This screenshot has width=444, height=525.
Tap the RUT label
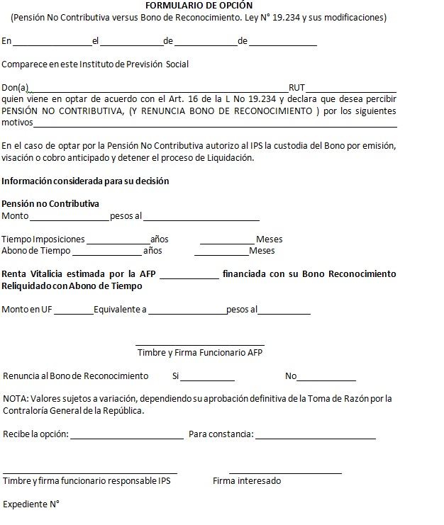(x=296, y=88)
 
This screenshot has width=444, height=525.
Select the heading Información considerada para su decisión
(x=85, y=181)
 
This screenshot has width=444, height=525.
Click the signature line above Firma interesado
(x=285, y=473)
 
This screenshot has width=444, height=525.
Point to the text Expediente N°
(x=30, y=504)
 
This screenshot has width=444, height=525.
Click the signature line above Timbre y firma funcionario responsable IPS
(x=90, y=473)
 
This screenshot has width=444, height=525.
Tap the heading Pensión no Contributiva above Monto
(x=50, y=204)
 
